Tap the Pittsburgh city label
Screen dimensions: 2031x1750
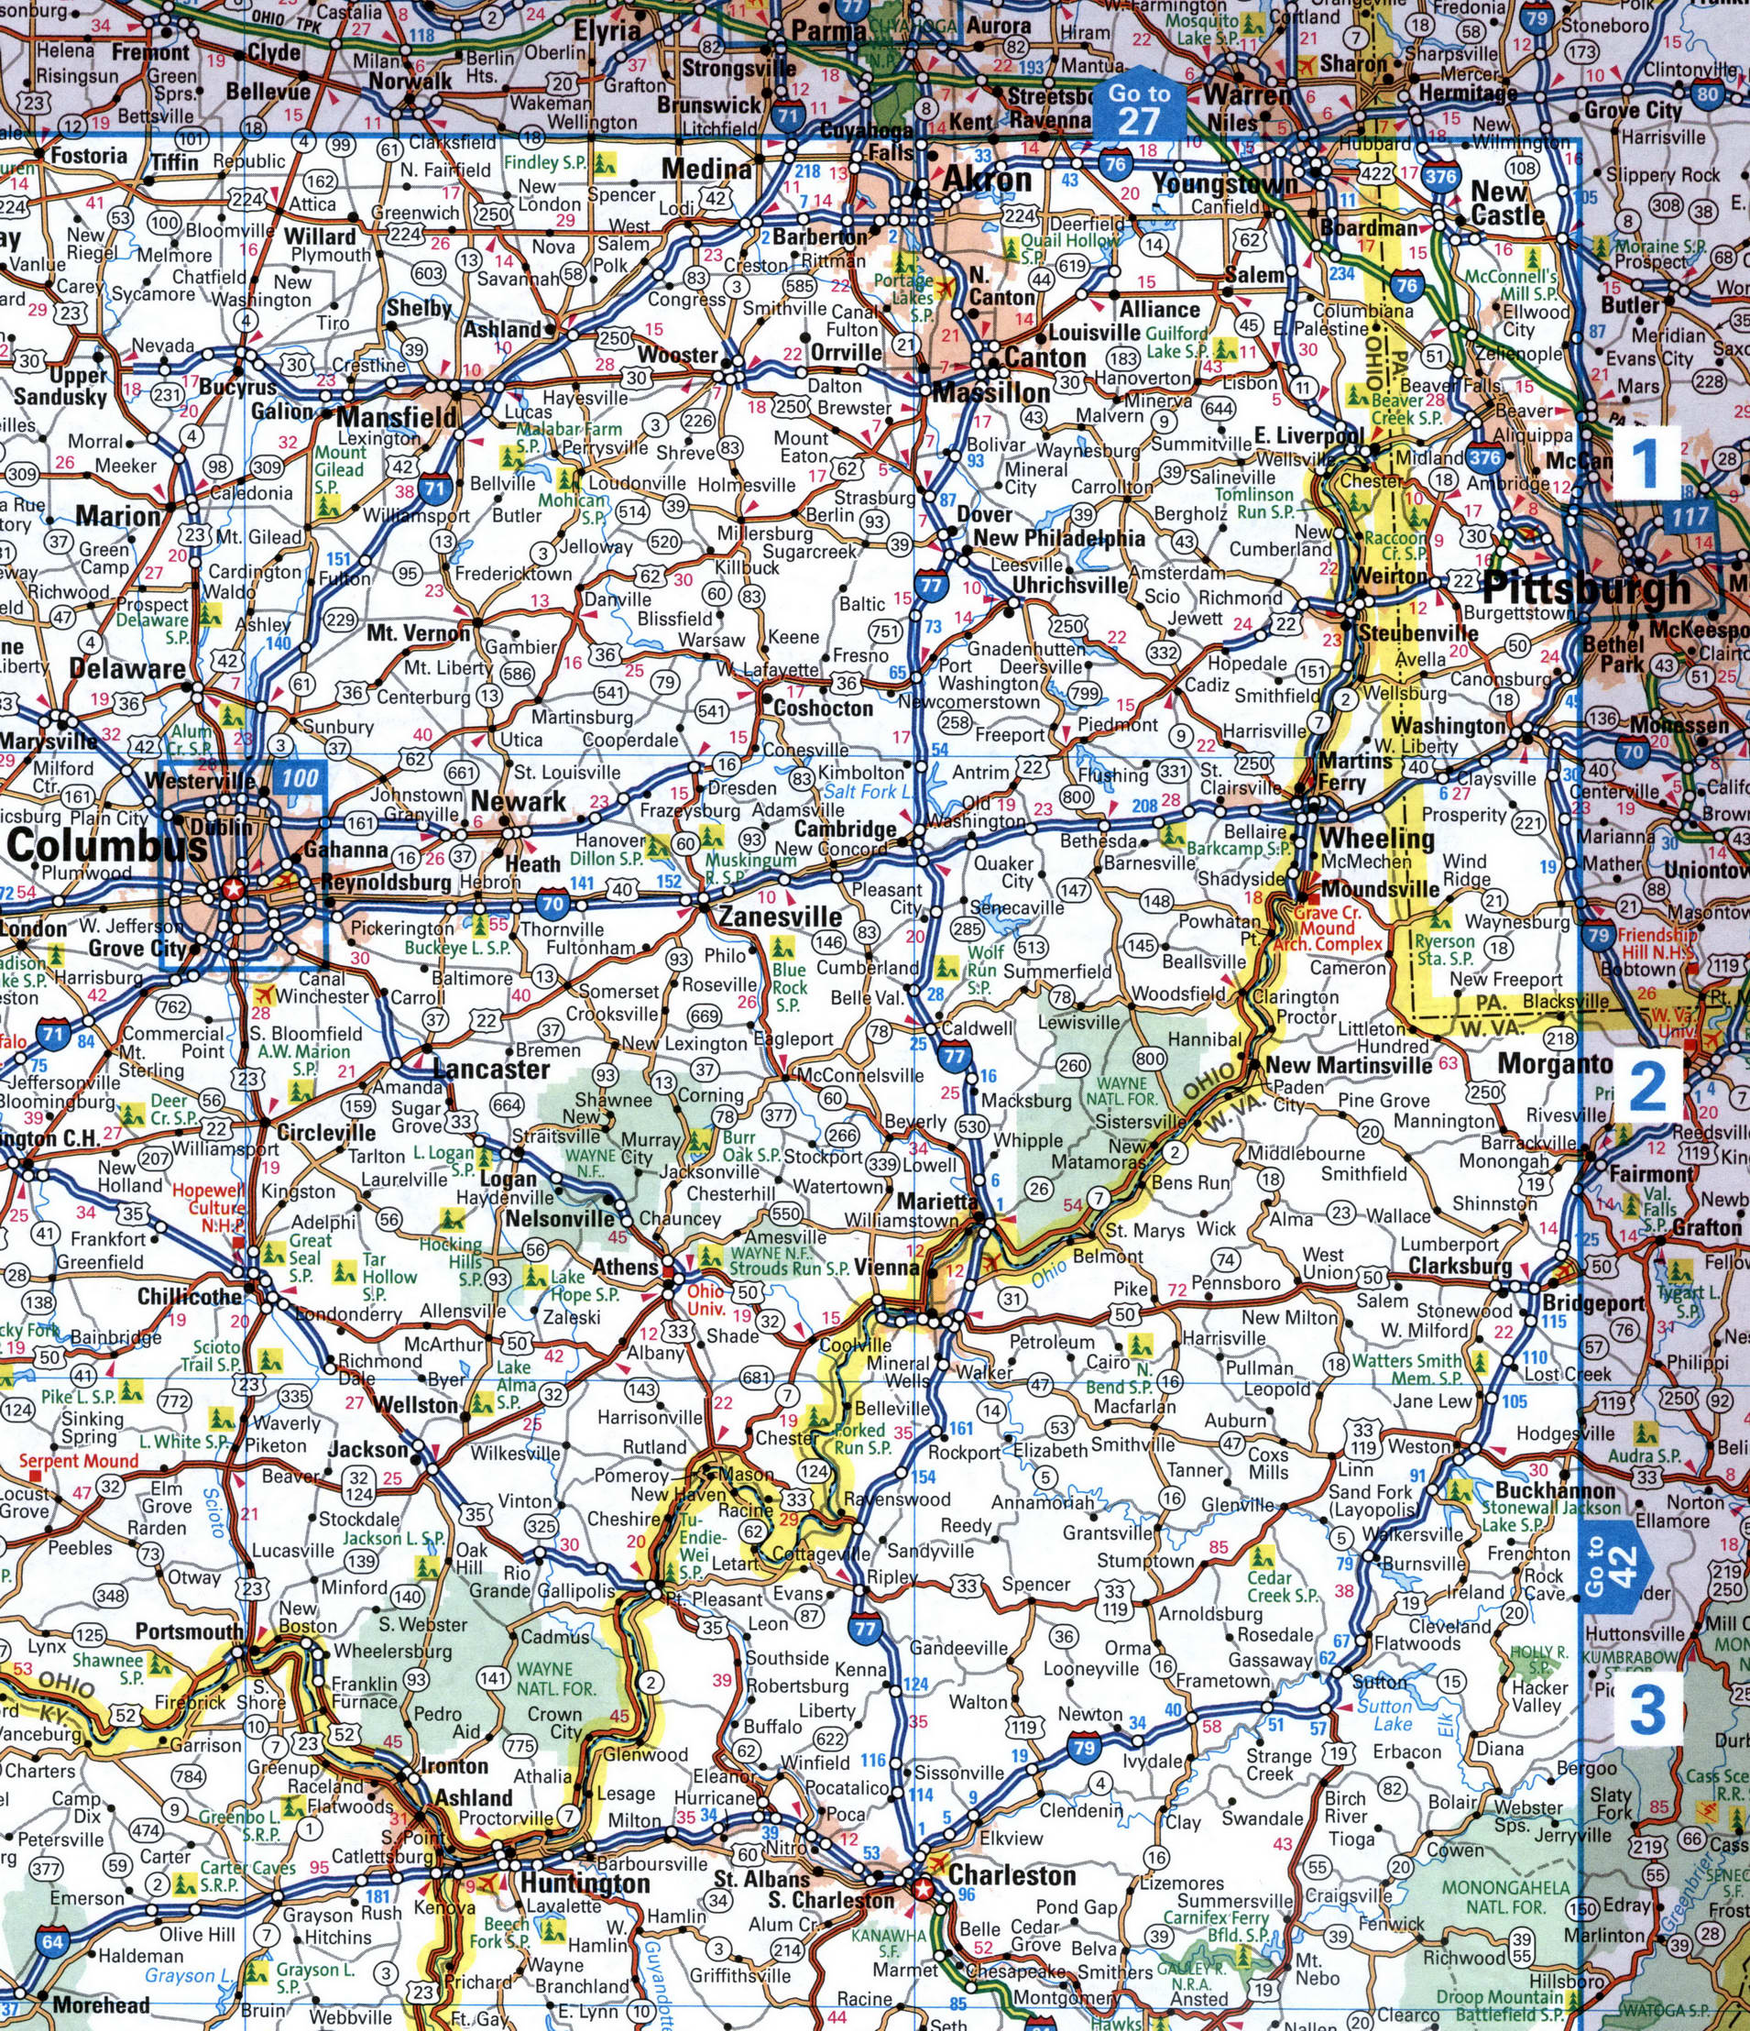1586,588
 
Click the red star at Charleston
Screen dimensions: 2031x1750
922,1888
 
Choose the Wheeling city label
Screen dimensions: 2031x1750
1377,838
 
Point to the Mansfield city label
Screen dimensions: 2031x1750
396,417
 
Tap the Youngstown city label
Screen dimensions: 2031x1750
1225,183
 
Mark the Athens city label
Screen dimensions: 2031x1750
625,1267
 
